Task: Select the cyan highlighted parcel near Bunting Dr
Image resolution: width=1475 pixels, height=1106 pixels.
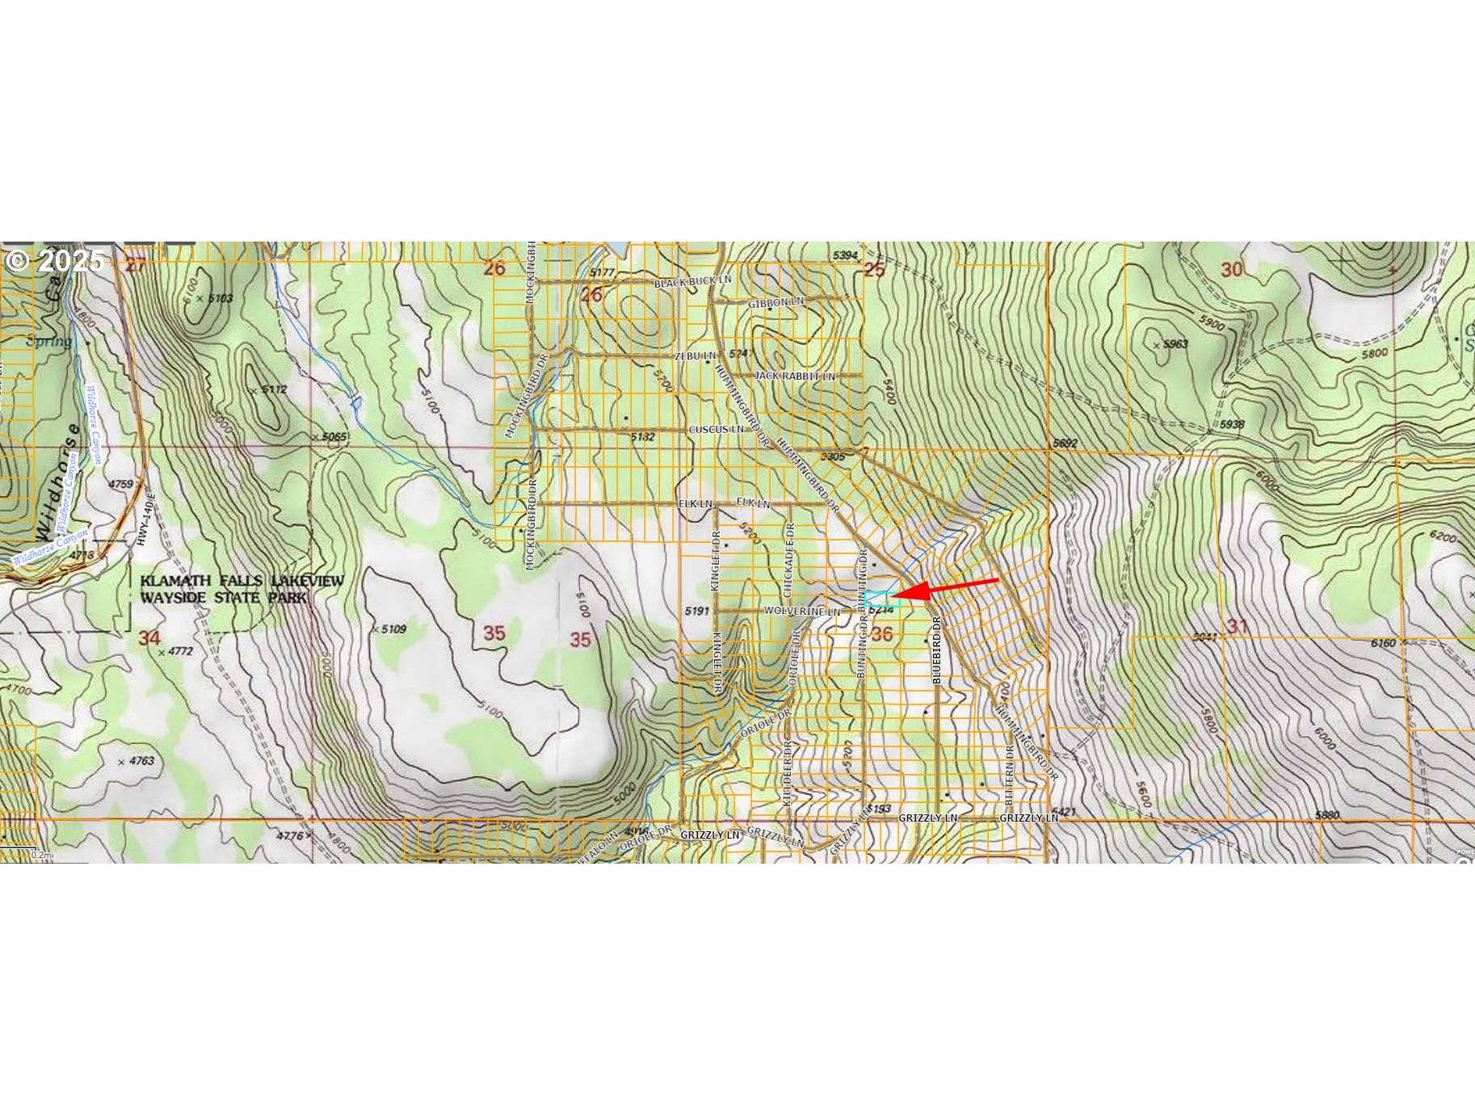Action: tap(881, 599)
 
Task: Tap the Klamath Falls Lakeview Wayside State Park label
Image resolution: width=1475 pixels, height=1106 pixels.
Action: tap(242, 589)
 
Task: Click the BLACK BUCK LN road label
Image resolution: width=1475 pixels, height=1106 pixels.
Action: tap(691, 282)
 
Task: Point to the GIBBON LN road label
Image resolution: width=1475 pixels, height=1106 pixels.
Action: tap(775, 302)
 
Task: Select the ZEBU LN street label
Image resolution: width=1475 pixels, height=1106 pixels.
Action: tap(695, 355)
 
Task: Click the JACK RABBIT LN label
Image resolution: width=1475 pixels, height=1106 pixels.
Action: tap(794, 376)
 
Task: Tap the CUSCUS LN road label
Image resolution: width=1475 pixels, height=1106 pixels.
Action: tap(716, 429)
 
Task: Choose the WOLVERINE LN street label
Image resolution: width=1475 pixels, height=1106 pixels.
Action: tap(801, 612)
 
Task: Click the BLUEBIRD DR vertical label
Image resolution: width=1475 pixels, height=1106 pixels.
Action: tap(937, 650)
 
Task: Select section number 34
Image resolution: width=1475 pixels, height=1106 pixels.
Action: tap(149, 637)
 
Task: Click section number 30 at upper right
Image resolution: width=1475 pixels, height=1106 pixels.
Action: tap(1231, 269)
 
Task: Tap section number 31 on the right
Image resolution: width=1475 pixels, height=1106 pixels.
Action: tap(1237, 625)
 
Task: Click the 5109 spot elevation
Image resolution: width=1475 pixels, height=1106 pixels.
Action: tap(393, 629)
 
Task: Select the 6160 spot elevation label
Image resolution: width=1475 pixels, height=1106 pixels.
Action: tap(1383, 643)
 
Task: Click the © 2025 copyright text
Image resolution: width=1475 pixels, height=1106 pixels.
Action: tap(55, 260)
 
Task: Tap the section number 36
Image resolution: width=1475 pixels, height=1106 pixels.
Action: tap(881, 633)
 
